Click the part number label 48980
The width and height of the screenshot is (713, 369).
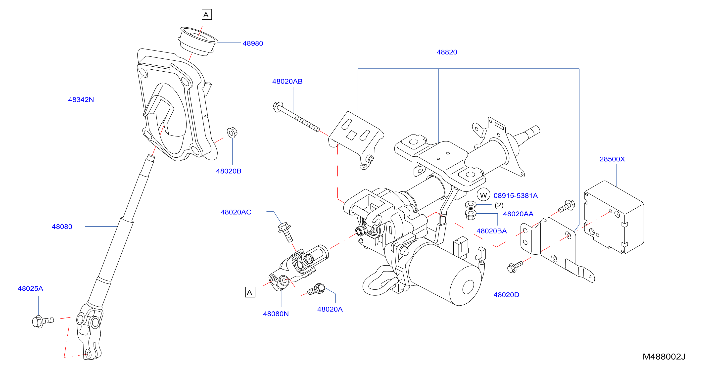253,44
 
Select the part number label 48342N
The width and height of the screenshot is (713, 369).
81,100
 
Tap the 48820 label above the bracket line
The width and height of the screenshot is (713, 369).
447,52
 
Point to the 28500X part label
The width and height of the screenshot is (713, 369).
612,159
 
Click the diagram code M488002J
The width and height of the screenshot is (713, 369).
664,357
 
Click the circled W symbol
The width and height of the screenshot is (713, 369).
483,195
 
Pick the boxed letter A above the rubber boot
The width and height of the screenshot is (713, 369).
206,14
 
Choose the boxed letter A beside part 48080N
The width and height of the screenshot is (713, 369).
250,292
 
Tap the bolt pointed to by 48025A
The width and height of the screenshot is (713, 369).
43,322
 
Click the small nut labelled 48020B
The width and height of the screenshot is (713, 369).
232,133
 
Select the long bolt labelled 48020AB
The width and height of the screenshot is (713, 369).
296,117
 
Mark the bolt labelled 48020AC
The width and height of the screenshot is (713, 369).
285,232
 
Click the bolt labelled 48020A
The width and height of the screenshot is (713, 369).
316,289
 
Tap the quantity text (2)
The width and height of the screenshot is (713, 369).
499,205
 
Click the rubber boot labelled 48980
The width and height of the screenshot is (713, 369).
198,41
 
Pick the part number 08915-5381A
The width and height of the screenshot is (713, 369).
515,196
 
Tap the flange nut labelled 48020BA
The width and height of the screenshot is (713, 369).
471,215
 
